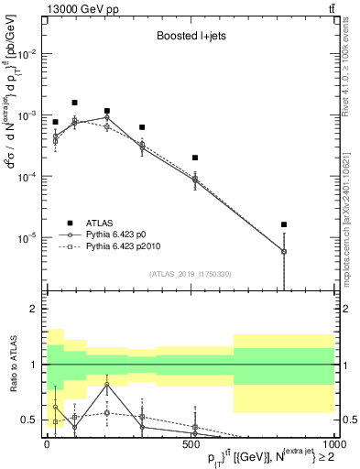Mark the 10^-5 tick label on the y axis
(x=27, y=237)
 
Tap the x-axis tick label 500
(x=191, y=442)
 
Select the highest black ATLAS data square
(x=74, y=103)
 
